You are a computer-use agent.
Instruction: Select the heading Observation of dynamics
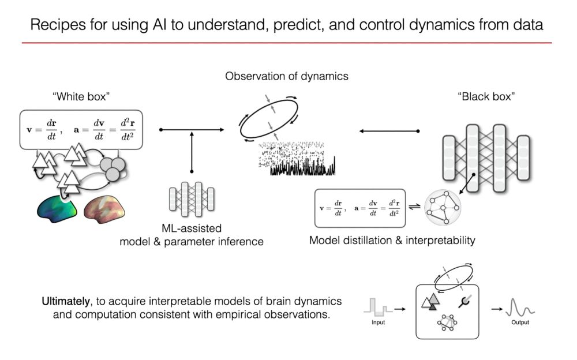[x=286, y=76]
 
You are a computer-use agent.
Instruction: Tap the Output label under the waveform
[x=520, y=322]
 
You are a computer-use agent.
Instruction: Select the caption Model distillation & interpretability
[x=392, y=240]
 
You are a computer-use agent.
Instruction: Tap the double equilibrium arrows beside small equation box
[x=415, y=207]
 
